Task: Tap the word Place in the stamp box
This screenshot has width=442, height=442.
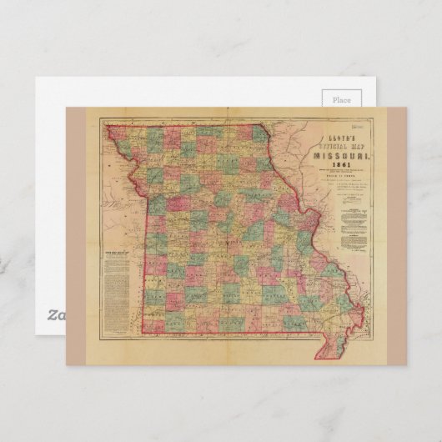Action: pyautogui.click(x=342, y=99)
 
